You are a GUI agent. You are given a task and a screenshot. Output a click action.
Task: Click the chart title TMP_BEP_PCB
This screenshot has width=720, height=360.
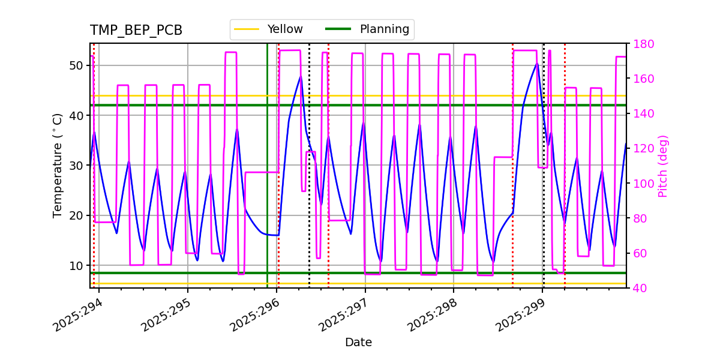point(136,31)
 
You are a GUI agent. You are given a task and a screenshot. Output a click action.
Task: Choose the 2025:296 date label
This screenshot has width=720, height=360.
point(254,316)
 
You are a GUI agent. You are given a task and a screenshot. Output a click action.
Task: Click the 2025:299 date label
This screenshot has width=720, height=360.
point(521,316)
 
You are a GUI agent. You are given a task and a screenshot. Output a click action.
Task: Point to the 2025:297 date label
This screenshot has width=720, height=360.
point(343,316)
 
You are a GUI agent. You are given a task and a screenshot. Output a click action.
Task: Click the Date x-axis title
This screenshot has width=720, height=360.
point(358,343)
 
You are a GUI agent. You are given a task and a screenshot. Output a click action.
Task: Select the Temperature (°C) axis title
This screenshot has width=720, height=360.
point(58,166)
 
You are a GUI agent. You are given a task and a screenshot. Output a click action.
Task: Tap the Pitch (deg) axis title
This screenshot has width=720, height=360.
point(663,166)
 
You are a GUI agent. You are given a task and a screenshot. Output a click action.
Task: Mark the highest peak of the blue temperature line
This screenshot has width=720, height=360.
point(537,63)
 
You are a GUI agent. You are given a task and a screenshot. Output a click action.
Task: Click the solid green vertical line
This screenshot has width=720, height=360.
point(268,180)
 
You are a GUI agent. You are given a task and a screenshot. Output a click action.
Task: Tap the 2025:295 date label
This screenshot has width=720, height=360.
point(166,316)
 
